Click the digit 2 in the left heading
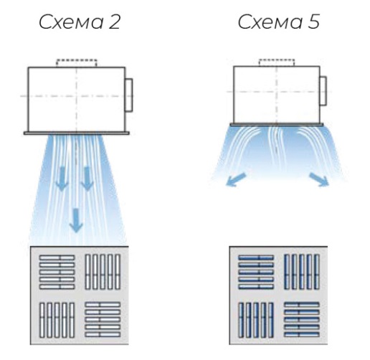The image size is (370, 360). point(114,22)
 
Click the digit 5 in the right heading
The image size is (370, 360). point(313,22)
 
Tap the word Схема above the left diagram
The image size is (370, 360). point(71,22)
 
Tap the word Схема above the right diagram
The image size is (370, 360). point(270,22)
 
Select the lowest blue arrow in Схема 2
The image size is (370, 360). point(76,220)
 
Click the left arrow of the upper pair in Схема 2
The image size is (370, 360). point(62,179)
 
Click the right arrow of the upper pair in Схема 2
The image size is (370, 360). point(87,179)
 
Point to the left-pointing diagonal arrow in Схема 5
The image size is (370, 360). point(236,179)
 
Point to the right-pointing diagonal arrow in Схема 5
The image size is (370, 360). point(319,179)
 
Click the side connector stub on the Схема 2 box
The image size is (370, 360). point(129,95)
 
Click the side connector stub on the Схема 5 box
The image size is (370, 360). point(323,91)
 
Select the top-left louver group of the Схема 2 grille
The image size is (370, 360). point(57,272)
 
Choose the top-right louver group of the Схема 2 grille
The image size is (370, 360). point(103,272)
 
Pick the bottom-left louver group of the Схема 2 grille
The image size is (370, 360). point(57,321)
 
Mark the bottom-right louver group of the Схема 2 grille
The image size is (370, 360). point(103,320)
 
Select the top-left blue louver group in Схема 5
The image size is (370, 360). point(256,272)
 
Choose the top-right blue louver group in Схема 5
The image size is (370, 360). point(302,272)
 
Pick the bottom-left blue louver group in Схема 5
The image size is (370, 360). point(256,321)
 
